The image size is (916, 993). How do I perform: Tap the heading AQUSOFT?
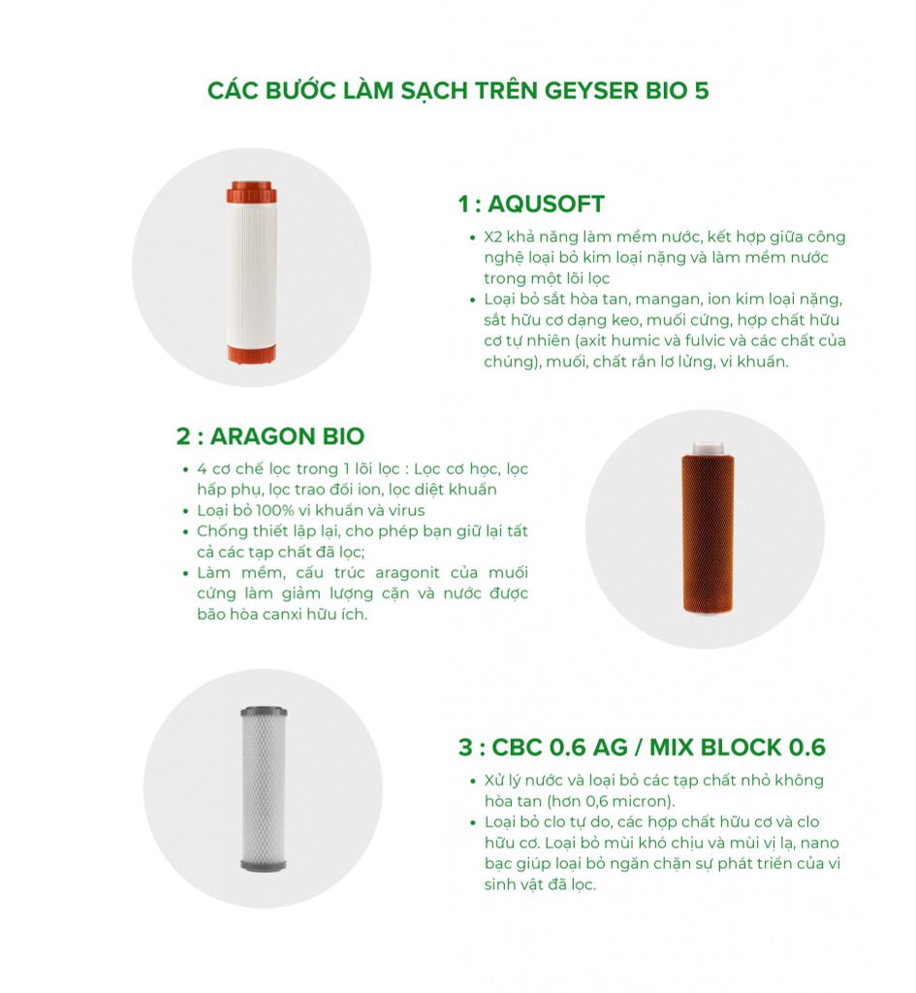[547, 204]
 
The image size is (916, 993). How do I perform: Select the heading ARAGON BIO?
[287, 436]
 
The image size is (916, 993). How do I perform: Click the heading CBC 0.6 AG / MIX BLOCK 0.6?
[658, 748]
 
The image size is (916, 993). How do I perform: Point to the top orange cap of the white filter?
[251, 193]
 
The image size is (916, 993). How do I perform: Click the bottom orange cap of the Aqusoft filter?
[251, 354]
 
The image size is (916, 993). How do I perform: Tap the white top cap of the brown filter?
[709, 448]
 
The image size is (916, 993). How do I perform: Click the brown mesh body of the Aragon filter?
[709, 533]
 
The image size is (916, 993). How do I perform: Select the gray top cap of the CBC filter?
[264, 711]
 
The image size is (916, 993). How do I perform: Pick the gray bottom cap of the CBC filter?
[264, 865]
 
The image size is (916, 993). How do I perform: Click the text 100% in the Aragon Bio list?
[273, 510]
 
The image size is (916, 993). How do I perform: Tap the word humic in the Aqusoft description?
[636, 340]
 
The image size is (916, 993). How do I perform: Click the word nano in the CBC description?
[819, 843]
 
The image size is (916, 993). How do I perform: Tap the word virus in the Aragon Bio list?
[407, 510]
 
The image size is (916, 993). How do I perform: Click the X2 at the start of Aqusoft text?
[493, 237]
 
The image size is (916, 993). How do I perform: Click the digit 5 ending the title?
[702, 90]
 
